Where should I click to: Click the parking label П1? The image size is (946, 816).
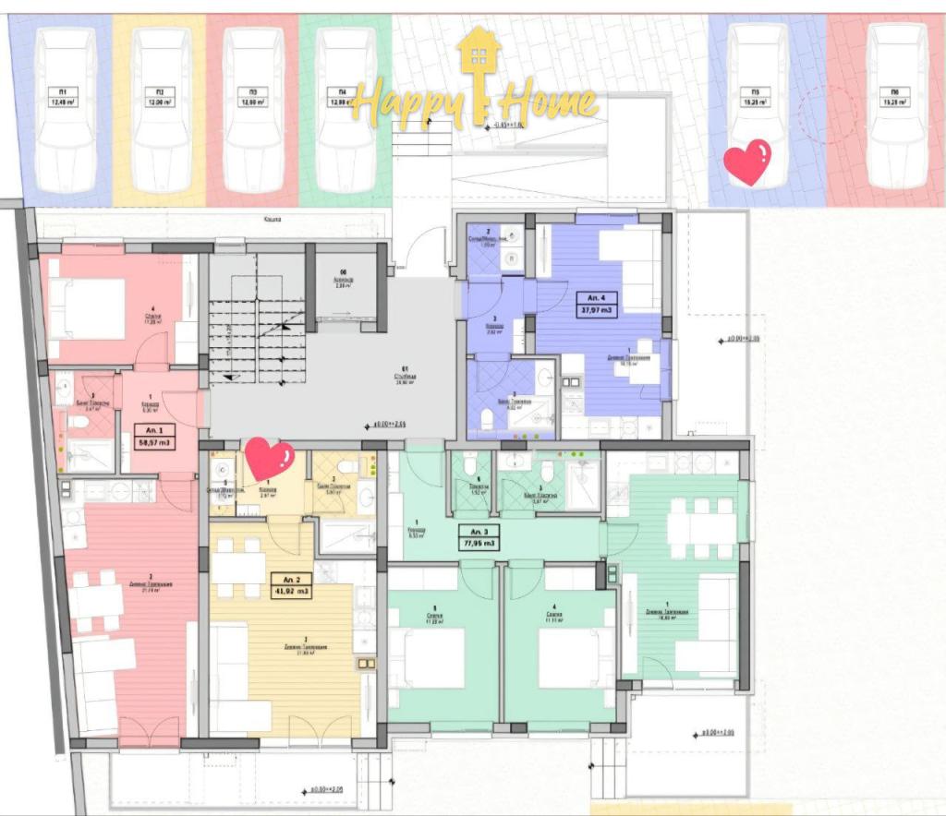[x=65, y=97]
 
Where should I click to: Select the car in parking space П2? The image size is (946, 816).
[x=160, y=109]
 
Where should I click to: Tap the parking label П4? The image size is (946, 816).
[x=342, y=97]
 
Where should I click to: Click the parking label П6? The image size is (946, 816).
[x=895, y=97]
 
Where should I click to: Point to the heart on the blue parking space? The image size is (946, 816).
[x=746, y=162]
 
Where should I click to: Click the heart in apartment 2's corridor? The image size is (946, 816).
[x=269, y=459]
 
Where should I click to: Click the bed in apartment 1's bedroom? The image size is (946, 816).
[x=87, y=308]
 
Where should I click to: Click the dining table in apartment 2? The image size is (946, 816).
[x=238, y=567]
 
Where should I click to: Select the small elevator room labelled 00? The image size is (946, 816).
[x=346, y=283]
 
